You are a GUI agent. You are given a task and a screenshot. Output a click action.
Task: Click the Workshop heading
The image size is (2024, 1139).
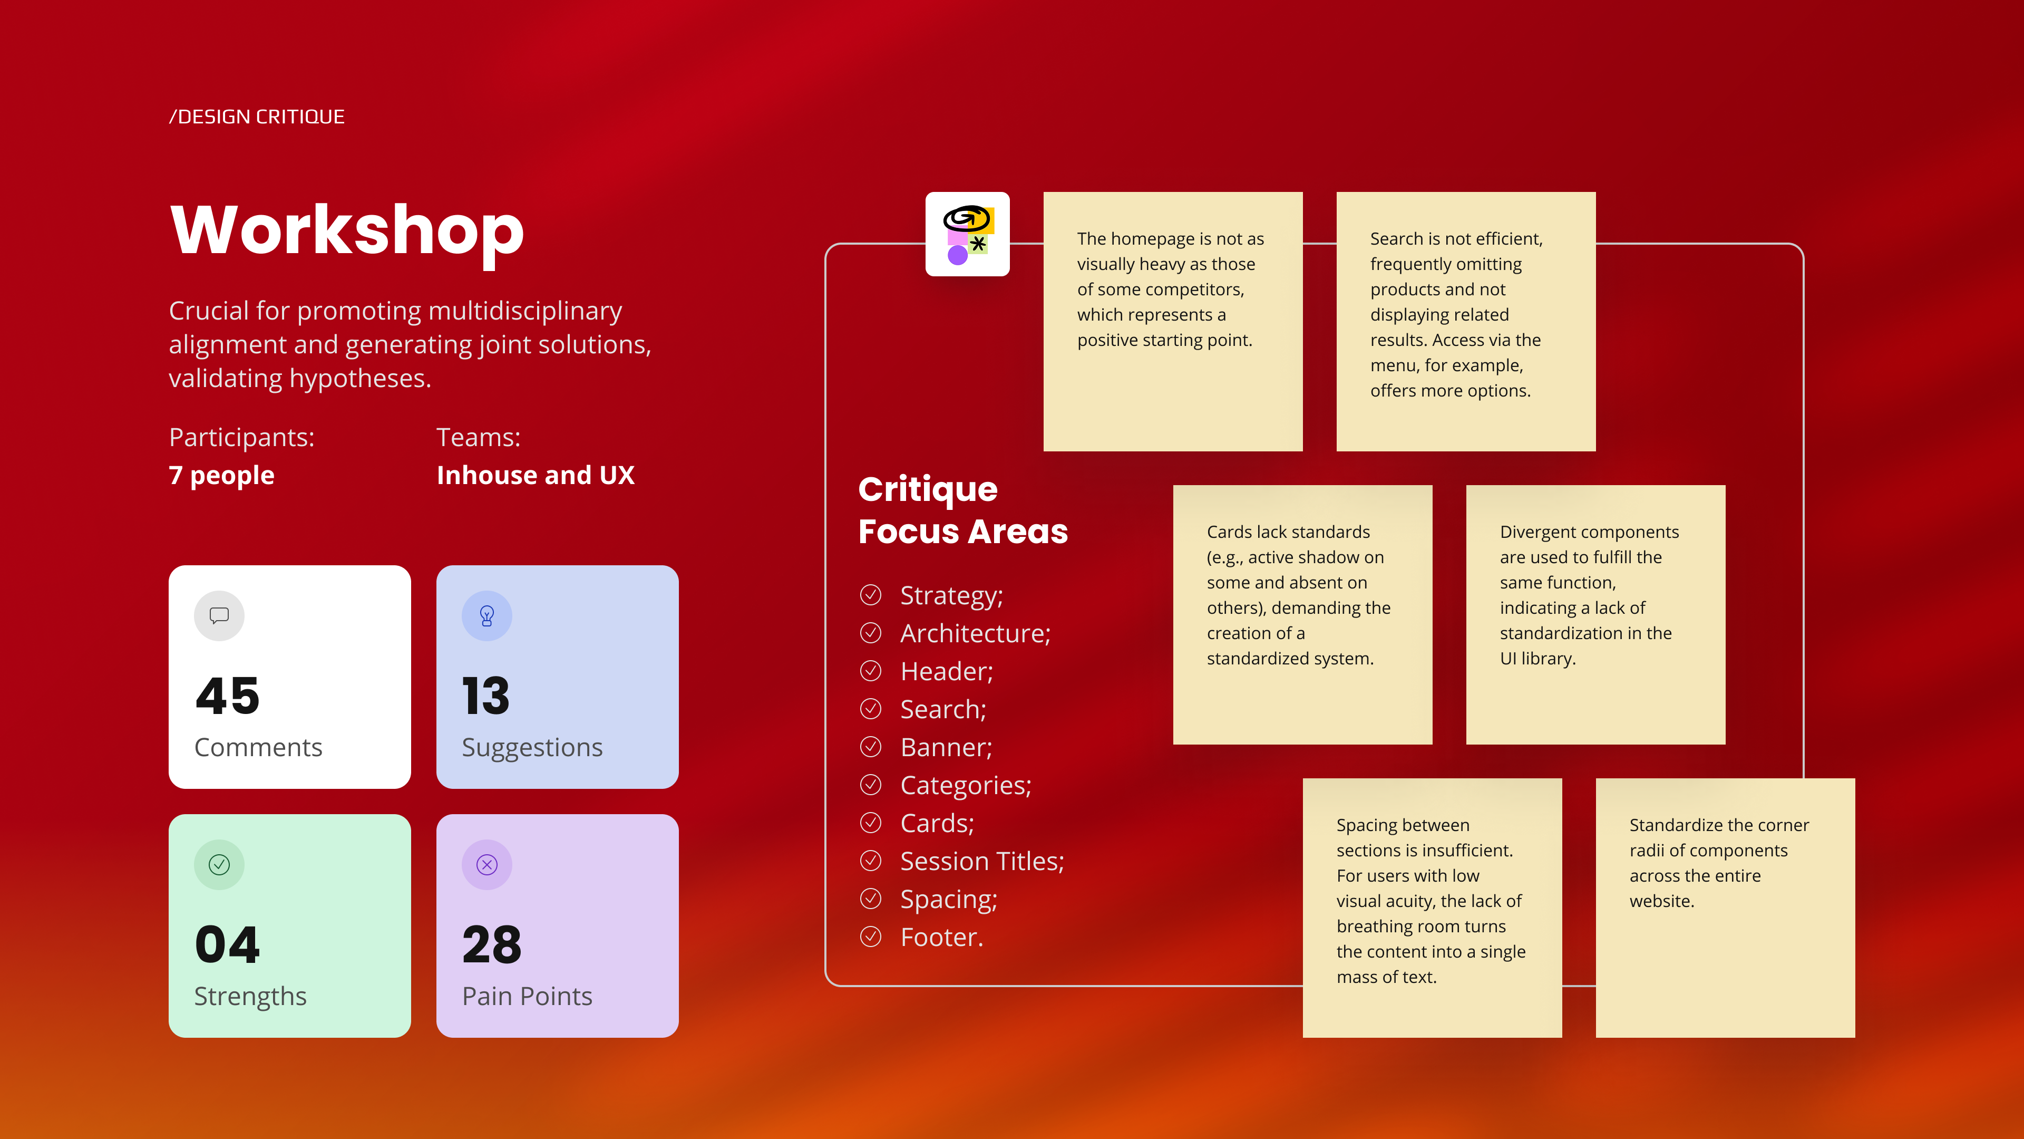(x=346, y=230)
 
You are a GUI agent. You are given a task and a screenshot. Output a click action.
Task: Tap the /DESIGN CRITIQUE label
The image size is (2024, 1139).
(x=257, y=117)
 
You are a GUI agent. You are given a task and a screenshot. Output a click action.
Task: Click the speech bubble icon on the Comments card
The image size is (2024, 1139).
(x=219, y=615)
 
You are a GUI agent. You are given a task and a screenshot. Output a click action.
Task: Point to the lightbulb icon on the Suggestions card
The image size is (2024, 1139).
(x=487, y=615)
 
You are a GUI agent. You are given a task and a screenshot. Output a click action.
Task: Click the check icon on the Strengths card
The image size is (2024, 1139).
(x=219, y=865)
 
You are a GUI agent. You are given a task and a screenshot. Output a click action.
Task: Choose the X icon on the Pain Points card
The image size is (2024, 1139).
(x=487, y=865)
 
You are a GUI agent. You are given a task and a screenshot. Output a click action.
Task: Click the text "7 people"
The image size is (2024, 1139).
(x=221, y=476)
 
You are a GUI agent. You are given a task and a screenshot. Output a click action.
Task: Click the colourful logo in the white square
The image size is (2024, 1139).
(x=967, y=234)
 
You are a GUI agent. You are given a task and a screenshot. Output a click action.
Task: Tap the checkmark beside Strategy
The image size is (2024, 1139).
(x=871, y=595)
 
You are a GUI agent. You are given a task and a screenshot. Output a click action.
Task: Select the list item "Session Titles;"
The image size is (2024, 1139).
(x=982, y=862)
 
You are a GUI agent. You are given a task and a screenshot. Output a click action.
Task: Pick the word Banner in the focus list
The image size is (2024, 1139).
(x=943, y=748)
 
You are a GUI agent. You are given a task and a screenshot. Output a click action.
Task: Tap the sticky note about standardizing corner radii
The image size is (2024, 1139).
(x=1726, y=908)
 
